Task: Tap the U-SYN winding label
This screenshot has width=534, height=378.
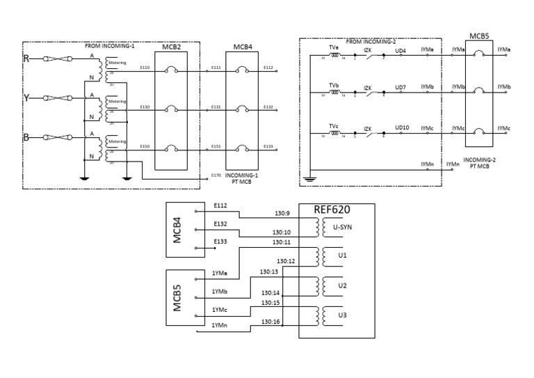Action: [x=341, y=226]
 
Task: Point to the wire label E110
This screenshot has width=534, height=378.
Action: [x=145, y=68]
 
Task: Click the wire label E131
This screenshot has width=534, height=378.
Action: [x=216, y=107]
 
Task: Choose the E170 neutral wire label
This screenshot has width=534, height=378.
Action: [x=216, y=175]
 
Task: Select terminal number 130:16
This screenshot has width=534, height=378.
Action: [x=270, y=322]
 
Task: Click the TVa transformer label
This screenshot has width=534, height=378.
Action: [x=334, y=47]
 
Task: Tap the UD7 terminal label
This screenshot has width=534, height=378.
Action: [x=400, y=88]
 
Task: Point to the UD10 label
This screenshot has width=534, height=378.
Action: [x=402, y=127]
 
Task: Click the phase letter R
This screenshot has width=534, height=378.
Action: [x=26, y=59]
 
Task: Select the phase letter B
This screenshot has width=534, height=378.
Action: [x=26, y=138]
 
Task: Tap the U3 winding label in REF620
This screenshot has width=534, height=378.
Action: [x=341, y=315]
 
